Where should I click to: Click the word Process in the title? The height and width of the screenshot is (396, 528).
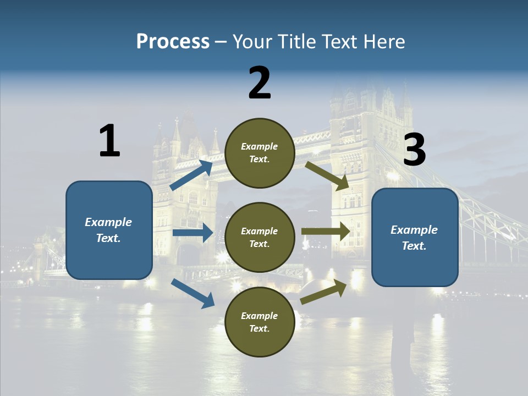173,42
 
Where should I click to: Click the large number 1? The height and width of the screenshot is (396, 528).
109,141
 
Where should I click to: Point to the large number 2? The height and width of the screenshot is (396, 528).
260,83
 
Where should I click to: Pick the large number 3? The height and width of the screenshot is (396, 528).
414,150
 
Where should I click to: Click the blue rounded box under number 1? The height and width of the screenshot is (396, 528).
109,230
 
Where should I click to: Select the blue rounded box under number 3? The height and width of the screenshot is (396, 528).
415,238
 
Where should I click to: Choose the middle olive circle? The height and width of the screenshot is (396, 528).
260,238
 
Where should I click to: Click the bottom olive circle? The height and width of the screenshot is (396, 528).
260,322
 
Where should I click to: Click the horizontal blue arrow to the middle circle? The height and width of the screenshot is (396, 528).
193,233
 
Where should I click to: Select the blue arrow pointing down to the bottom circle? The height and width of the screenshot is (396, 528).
193,293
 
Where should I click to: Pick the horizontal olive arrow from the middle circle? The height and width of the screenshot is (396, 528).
326,232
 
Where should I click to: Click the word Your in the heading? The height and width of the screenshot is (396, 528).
251,42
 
